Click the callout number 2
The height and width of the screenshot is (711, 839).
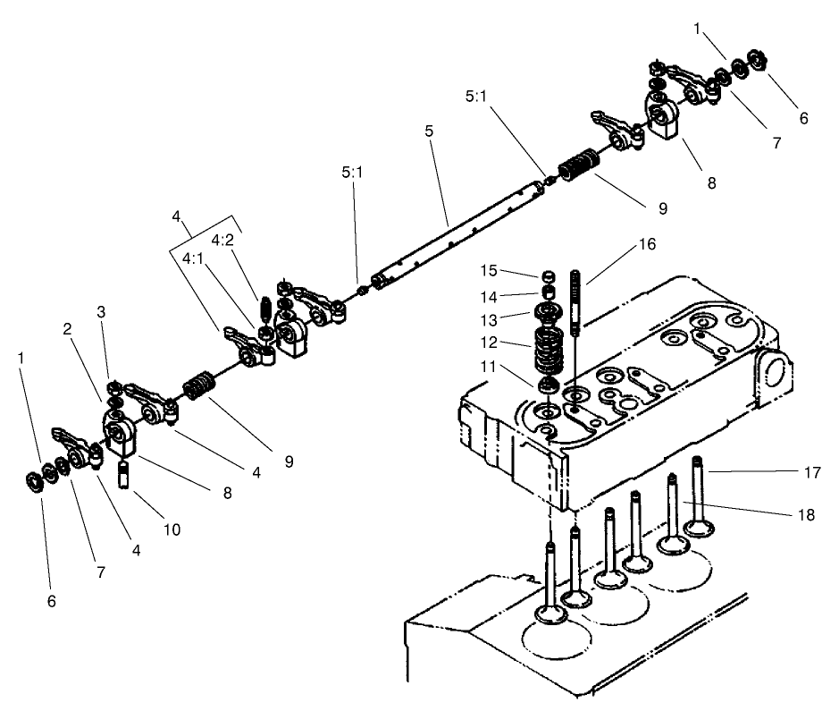[66, 328]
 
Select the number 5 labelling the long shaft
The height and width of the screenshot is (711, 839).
[429, 131]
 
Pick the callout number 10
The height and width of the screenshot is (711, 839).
[172, 529]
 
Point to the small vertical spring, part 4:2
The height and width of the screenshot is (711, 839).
[264, 310]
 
